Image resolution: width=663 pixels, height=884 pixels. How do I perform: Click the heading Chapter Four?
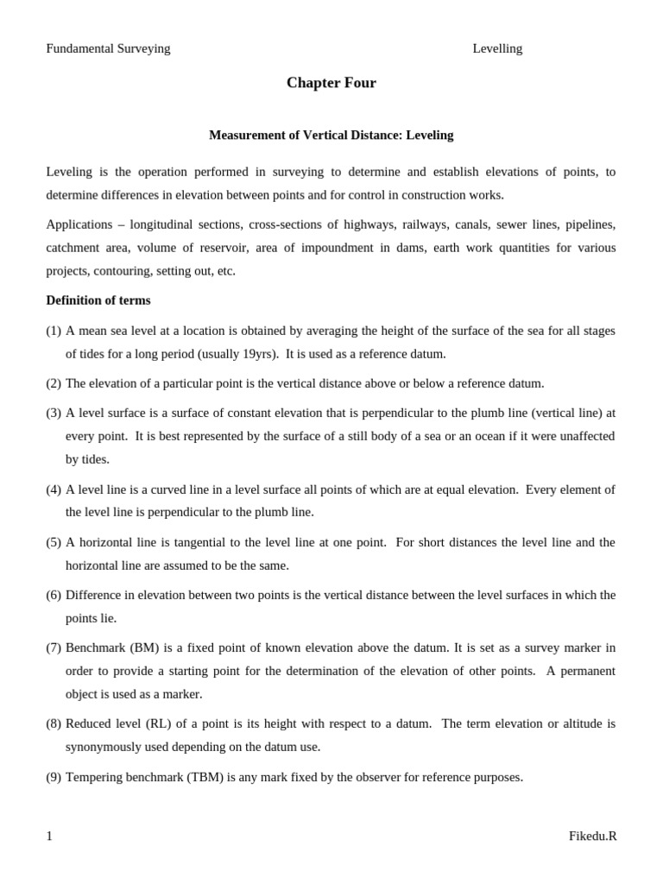[x=331, y=83]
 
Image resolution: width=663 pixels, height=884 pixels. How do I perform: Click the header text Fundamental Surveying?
[x=108, y=48]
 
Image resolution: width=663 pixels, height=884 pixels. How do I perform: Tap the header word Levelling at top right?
[x=497, y=48]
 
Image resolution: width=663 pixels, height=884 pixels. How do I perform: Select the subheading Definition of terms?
[x=98, y=300]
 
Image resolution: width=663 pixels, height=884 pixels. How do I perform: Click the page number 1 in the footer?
[x=49, y=836]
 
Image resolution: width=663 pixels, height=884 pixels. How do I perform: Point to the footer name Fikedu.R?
[x=592, y=836]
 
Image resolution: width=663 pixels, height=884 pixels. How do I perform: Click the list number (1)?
[x=54, y=331]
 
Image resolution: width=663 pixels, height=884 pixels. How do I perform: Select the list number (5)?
[x=54, y=542]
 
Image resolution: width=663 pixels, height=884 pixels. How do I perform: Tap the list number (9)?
[x=54, y=777]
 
